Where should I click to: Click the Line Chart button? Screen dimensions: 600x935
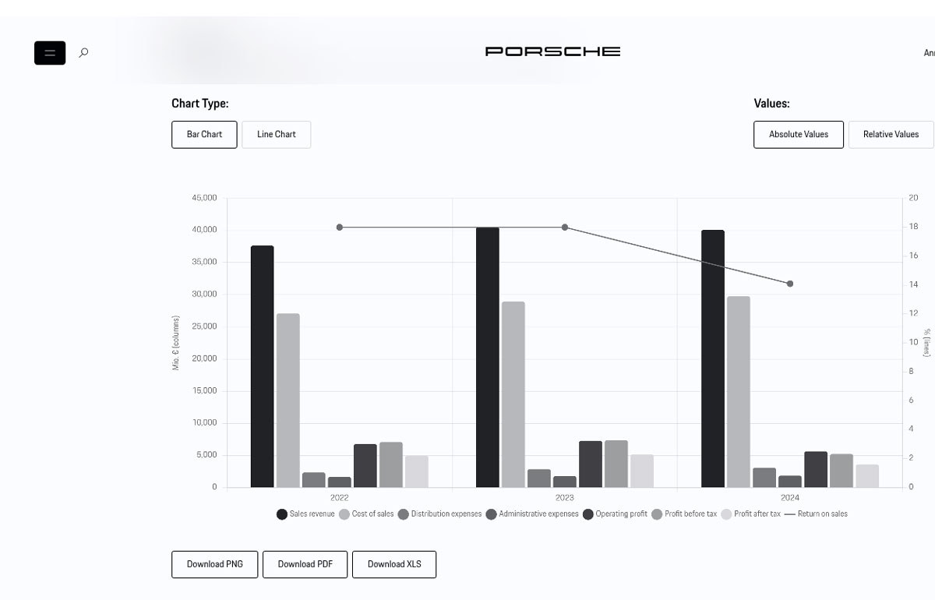click(277, 134)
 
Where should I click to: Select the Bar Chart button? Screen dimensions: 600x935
click(204, 134)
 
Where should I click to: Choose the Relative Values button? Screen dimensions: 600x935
click(891, 134)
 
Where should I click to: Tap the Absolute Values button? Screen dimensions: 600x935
click(799, 134)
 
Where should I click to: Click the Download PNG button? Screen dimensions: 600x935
click(215, 564)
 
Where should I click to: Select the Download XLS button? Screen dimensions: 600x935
click(394, 564)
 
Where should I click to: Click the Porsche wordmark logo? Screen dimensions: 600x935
click(552, 51)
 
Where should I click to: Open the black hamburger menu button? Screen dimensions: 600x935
click(50, 53)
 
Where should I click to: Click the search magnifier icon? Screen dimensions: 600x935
click(84, 53)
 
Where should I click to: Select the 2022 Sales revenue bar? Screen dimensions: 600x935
click(263, 366)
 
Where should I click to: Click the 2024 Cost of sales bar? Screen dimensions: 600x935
click(739, 392)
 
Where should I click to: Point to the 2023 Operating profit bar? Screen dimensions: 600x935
click(591, 464)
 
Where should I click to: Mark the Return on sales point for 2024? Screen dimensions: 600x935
click(790, 284)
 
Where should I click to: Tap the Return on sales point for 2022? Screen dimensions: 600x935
click(340, 228)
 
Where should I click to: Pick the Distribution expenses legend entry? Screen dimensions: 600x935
click(440, 514)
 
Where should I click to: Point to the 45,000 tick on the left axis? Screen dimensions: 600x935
click(204, 198)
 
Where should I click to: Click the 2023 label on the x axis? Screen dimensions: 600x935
click(565, 498)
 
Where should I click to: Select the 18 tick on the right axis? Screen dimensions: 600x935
click(913, 227)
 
